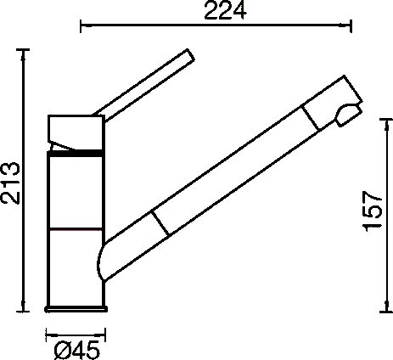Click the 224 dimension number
tap(225, 11)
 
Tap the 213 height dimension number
tap(11, 183)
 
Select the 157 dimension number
tap(373, 211)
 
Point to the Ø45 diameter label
tap(77, 350)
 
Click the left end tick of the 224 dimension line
tap(81, 26)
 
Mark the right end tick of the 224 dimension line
tap(351, 26)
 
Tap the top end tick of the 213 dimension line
tap(23, 50)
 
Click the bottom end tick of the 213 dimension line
tap(23, 312)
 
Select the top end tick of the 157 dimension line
tap(386, 119)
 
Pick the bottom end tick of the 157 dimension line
tap(386, 312)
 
